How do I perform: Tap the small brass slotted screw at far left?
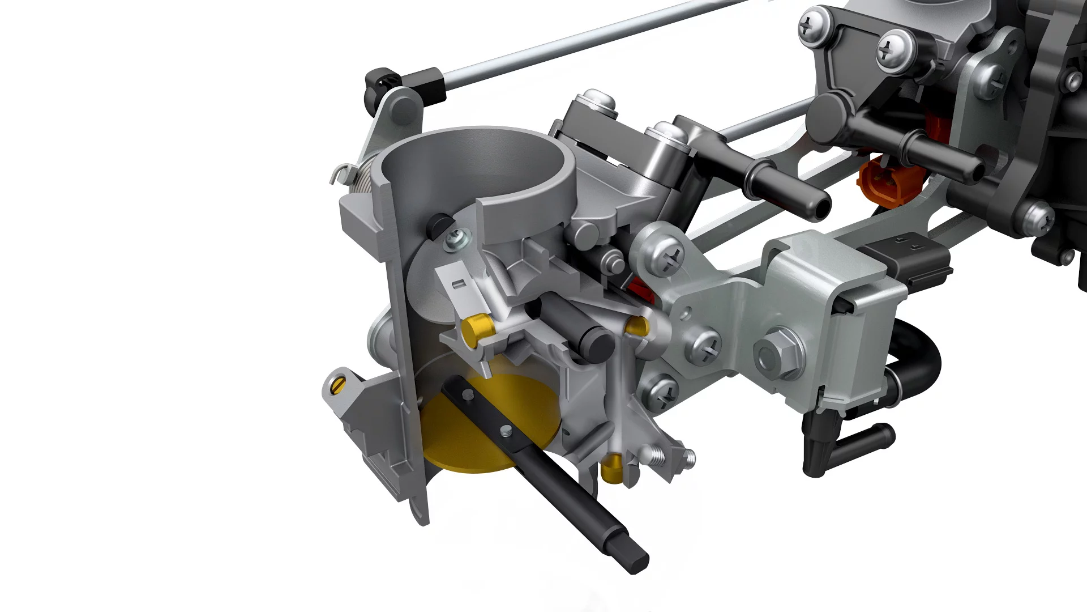pos(338,386)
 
